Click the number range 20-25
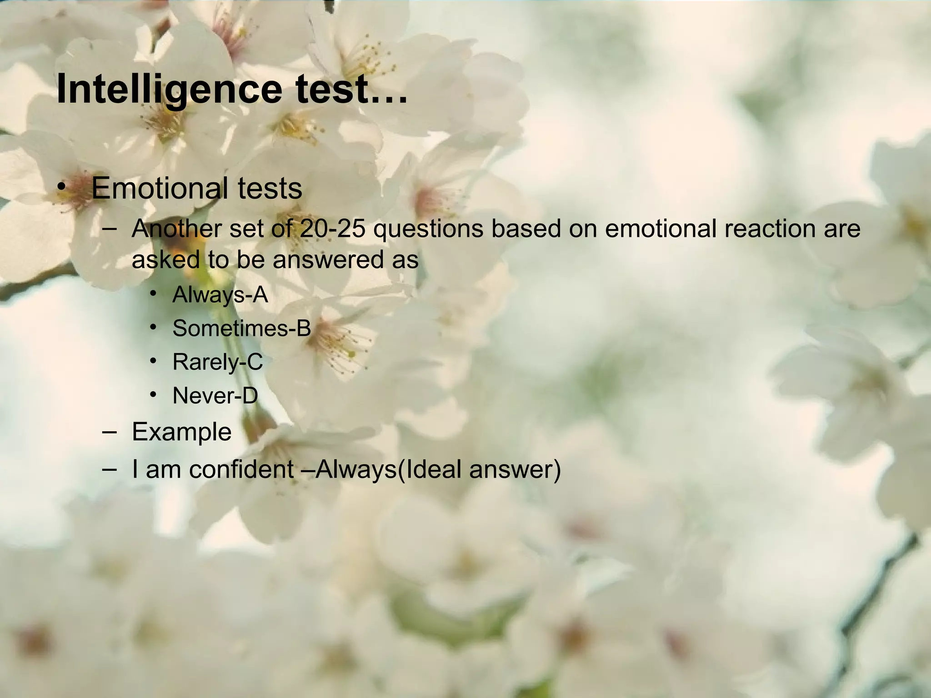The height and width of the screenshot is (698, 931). point(332,229)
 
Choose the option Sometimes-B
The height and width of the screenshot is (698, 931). point(241,328)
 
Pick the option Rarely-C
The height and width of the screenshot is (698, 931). point(217,362)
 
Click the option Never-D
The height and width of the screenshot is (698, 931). point(215,395)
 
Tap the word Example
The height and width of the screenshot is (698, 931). point(181,432)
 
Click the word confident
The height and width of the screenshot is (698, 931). point(241,469)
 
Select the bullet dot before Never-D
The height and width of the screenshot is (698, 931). point(154,394)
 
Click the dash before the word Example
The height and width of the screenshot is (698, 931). point(109,432)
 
